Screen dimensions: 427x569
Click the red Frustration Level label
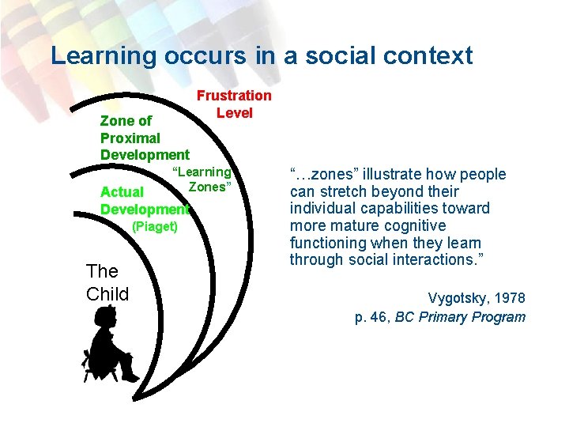234,104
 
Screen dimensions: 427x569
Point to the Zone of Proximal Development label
145,138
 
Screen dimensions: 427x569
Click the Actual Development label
145,201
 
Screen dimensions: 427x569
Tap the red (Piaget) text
155,226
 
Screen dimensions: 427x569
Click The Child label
107,283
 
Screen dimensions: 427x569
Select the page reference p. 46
371,317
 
